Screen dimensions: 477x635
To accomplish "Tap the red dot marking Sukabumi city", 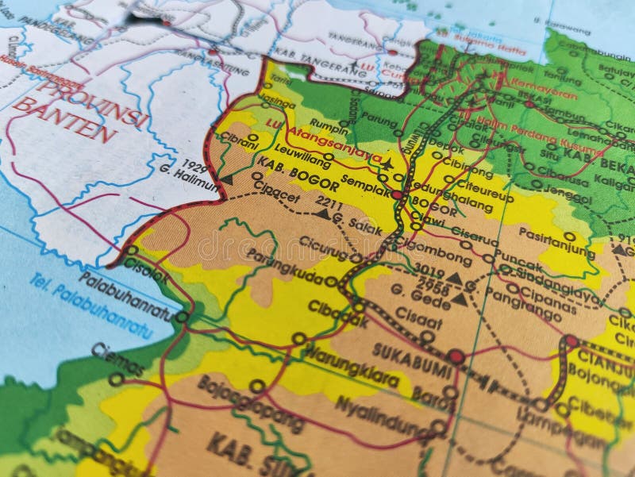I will coord(456,356).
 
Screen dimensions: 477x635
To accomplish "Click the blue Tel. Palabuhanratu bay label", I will coord(91,306).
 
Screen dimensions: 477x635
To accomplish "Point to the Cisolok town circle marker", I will coord(132,251).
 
